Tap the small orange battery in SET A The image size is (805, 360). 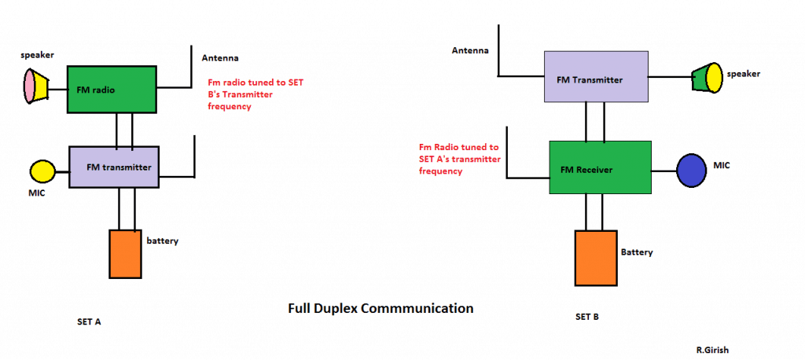coord(124,254)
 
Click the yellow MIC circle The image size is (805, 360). coord(42,171)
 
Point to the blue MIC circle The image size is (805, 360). coord(693,169)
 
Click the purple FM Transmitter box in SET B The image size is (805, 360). coord(597,77)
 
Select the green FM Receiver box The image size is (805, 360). coord(600,167)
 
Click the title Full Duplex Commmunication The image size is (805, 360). coord(381,308)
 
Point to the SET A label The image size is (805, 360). coord(89,322)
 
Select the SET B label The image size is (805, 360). coord(587,318)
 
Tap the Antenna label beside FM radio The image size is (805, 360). coord(220,59)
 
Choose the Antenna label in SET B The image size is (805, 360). coord(470,51)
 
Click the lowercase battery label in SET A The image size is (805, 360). coord(163,240)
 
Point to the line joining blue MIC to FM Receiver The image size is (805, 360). coord(663,169)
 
